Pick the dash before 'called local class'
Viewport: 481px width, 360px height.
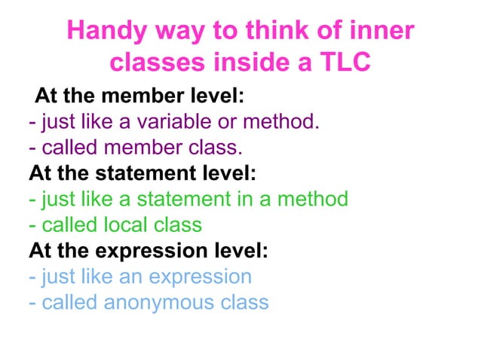[x=32, y=225]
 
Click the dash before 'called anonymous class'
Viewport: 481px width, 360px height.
[x=32, y=303]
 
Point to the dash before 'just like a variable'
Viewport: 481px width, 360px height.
[x=32, y=121]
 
